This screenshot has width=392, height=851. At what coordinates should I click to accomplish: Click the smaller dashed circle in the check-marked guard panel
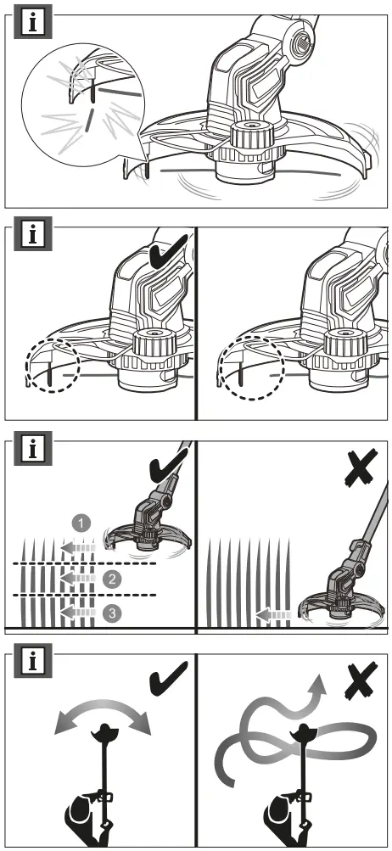tap(52, 367)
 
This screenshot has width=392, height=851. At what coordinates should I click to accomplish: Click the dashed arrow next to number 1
tap(82, 547)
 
